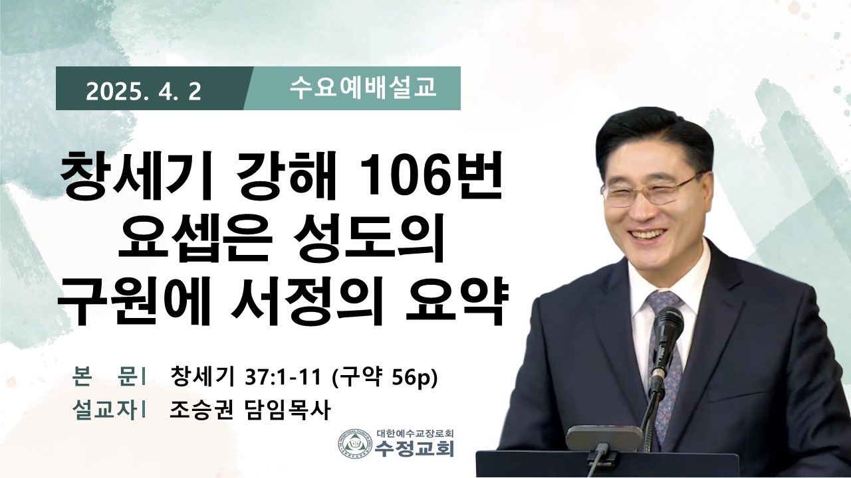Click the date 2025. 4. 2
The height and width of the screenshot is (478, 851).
click(x=144, y=92)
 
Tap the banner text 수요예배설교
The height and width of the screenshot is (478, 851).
click(x=363, y=88)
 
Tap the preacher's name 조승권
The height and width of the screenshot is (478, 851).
click(x=201, y=410)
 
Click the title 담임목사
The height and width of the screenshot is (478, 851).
click(x=286, y=410)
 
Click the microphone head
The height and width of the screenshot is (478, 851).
click(x=668, y=329)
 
